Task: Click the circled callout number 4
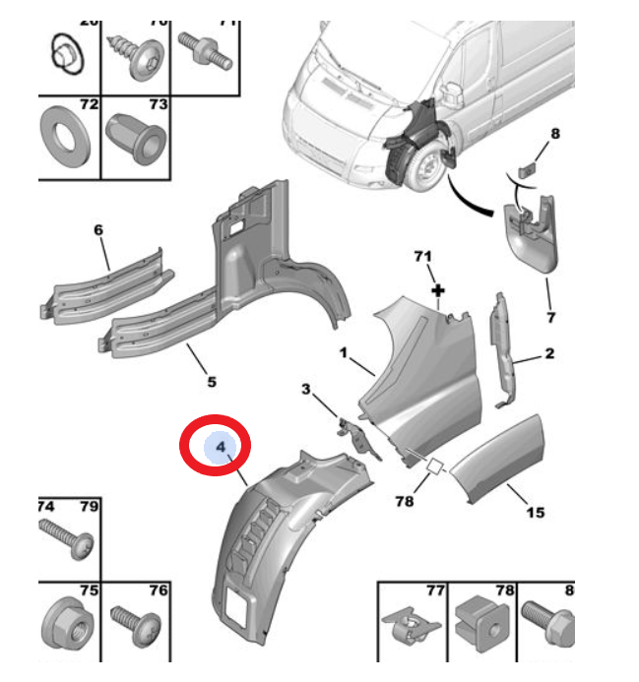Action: [222, 449]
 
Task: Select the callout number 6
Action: [98, 230]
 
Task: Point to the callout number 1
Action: [345, 351]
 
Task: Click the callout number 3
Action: [305, 391]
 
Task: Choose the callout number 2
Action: [549, 353]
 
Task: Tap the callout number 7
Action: [550, 317]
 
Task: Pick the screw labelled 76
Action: [136, 623]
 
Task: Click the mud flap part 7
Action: [533, 235]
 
